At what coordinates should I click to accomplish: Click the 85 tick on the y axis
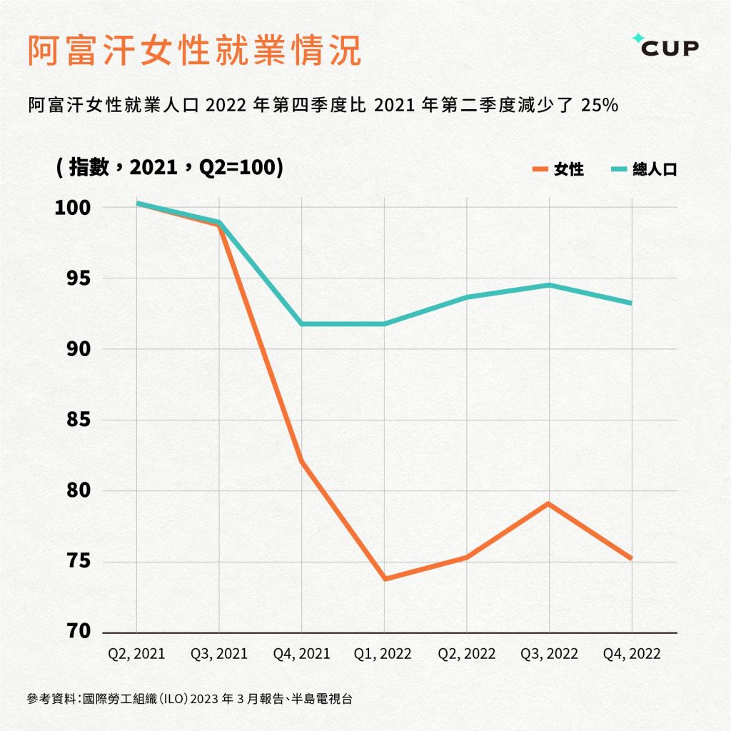[x=75, y=420]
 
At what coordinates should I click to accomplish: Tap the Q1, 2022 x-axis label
[x=384, y=653]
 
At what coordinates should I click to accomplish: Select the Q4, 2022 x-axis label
[x=632, y=653]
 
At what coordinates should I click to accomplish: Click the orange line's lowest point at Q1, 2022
[x=384, y=578]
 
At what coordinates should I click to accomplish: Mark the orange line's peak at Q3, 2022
[x=549, y=504]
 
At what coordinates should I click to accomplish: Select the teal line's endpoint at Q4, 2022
[x=631, y=303]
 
